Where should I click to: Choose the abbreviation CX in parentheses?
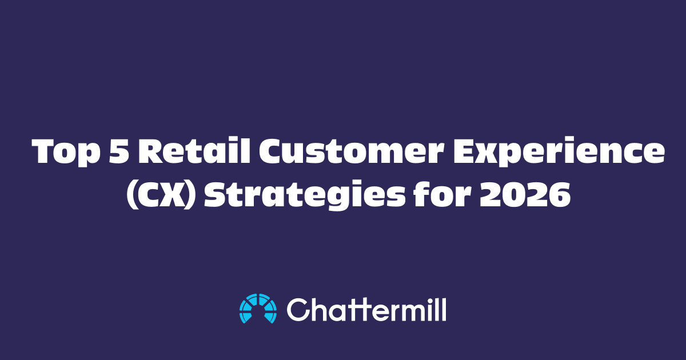coord(159,196)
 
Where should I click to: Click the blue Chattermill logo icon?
coord(258,309)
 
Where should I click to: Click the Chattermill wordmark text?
coord(366,309)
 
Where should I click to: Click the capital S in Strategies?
coord(217,196)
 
